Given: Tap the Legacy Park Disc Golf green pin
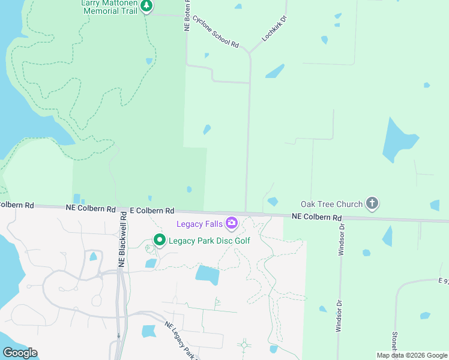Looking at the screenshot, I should tap(159, 241).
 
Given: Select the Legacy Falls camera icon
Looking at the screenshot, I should tap(232, 224).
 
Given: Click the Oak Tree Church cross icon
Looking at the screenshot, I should tap(372, 203).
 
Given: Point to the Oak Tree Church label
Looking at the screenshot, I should tap(331, 204).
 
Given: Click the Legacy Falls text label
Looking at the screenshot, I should tap(199, 224).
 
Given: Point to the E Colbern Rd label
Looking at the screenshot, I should tap(152, 211).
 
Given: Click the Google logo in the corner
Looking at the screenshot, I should tap(20, 353).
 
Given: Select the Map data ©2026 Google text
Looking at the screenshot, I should tap(412, 355).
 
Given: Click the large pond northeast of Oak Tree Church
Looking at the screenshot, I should tap(398, 140).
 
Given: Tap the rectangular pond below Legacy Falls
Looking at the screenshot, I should tap(207, 275).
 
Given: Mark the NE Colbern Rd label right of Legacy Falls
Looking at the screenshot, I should tap(316, 217).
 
